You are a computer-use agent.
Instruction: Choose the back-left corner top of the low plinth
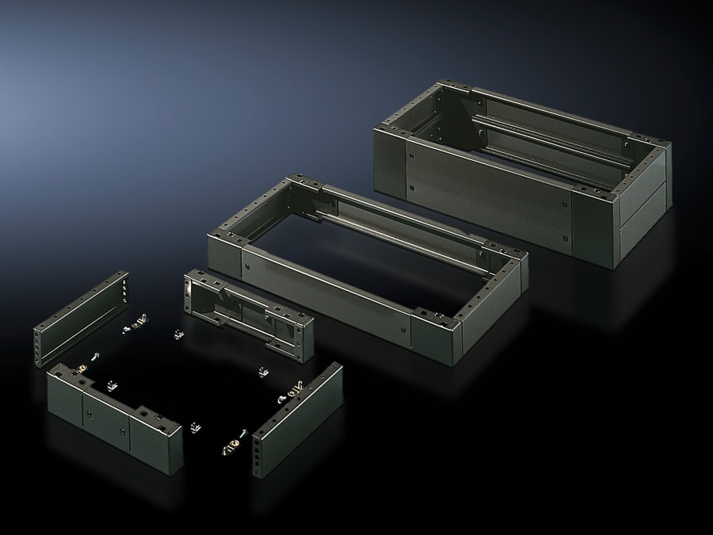pos(297,182)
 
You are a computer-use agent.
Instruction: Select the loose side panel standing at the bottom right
pos(297,420)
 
